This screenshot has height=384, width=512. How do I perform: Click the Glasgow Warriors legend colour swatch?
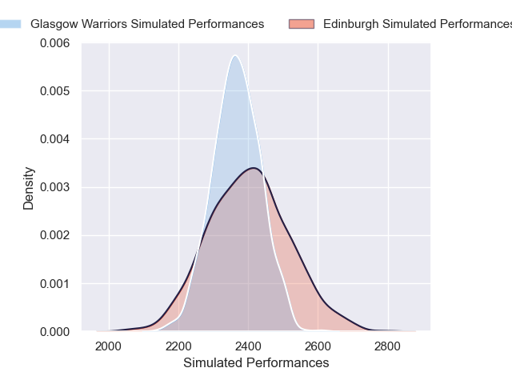pyautogui.click(x=11, y=24)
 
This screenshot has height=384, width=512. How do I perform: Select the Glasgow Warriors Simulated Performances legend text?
pyautogui.click(x=147, y=24)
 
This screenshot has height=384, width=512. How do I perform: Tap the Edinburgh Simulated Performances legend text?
pyautogui.click(x=416, y=24)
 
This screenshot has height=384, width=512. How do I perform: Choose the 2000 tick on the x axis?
pyautogui.click(x=109, y=346)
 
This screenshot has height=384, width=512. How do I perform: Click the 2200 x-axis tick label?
pyautogui.click(x=178, y=346)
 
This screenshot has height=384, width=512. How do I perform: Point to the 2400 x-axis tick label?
pyautogui.click(x=248, y=346)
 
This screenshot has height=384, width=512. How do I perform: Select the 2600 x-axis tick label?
pyautogui.click(x=318, y=346)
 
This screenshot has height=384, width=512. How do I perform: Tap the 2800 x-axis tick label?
pyautogui.click(x=388, y=346)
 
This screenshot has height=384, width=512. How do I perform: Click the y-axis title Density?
pyautogui.click(x=29, y=188)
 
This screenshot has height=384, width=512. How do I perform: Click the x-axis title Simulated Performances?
pyautogui.click(x=256, y=363)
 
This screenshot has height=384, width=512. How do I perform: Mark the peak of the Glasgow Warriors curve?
pyautogui.click(x=234, y=56)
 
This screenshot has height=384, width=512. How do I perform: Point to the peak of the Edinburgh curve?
pyautogui.click(x=254, y=168)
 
